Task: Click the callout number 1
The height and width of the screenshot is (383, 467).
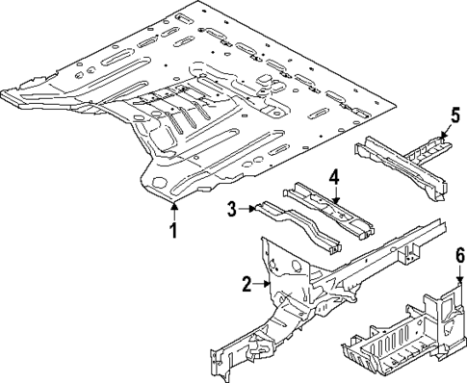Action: point(172,231)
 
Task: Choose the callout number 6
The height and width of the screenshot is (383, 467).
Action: point(459,256)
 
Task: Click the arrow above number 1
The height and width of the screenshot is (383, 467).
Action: point(172,210)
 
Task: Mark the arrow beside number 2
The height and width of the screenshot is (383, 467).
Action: point(261,283)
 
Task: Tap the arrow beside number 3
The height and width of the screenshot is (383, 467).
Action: point(246,207)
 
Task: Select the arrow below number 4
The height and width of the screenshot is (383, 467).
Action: point(333,196)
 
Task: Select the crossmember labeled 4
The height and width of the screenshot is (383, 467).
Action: point(327,212)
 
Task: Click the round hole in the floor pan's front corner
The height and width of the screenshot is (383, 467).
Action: point(157,180)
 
